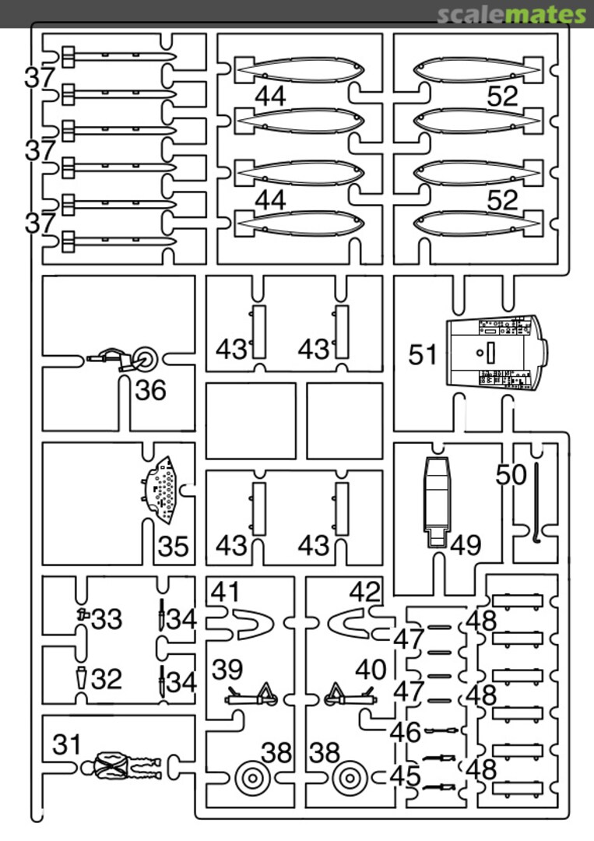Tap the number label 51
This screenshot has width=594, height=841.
[424, 355]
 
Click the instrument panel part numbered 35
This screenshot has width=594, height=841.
[164, 490]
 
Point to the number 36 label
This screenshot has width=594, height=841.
[150, 390]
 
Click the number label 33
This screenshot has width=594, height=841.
[107, 620]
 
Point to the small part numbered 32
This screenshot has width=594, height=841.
[83, 677]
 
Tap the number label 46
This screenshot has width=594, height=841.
[406, 733]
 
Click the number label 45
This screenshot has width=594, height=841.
[406, 776]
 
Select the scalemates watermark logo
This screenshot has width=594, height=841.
[511, 14]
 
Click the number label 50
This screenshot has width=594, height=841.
[511, 475]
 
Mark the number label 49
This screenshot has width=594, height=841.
[466, 545]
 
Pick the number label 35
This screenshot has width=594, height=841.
[173, 547]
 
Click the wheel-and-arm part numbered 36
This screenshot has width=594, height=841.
[128, 359]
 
